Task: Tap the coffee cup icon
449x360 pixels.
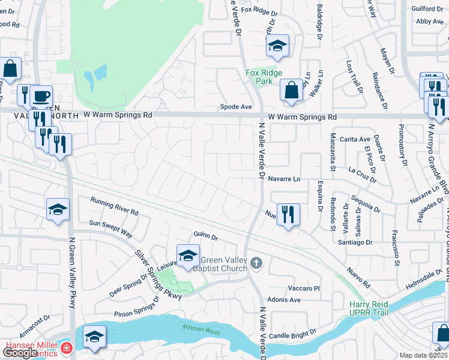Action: [x=41, y=96]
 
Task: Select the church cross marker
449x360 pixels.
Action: [x=256, y=263]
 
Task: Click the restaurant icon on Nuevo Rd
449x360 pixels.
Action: [x=289, y=214]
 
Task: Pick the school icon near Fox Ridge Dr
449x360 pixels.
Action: [x=277, y=46]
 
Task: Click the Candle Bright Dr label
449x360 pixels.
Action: [x=292, y=334]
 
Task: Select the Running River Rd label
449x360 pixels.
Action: [x=114, y=206]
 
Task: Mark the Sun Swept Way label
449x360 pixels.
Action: [x=110, y=228]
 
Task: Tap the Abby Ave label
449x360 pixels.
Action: [x=429, y=21]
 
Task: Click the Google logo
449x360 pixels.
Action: [x=20, y=353]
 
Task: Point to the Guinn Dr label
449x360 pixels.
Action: [x=204, y=235]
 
